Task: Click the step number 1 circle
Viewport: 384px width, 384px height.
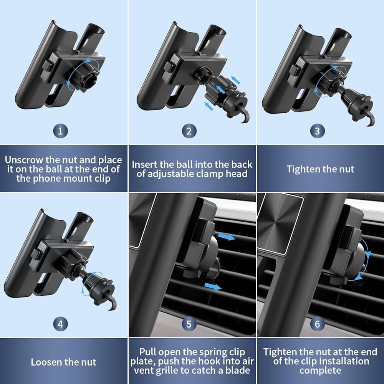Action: (x=60, y=131)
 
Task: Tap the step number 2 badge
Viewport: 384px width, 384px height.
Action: (x=189, y=131)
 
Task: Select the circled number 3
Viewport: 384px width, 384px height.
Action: (x=318, y=131)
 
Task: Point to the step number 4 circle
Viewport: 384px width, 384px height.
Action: (x=60, y=324)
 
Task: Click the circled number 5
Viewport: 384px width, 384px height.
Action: (x=189, y=324)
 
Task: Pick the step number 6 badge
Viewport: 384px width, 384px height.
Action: (x=318, y=324)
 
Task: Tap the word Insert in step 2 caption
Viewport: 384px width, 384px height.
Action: (x=144, y=165)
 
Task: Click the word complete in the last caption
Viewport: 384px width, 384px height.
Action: (x=320, y=370)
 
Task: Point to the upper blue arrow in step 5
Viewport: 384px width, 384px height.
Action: (x=226, y=237)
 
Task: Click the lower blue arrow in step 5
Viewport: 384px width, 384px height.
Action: (x=213, y=286)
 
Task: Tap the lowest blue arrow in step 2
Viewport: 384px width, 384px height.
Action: (x=209, y=106)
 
